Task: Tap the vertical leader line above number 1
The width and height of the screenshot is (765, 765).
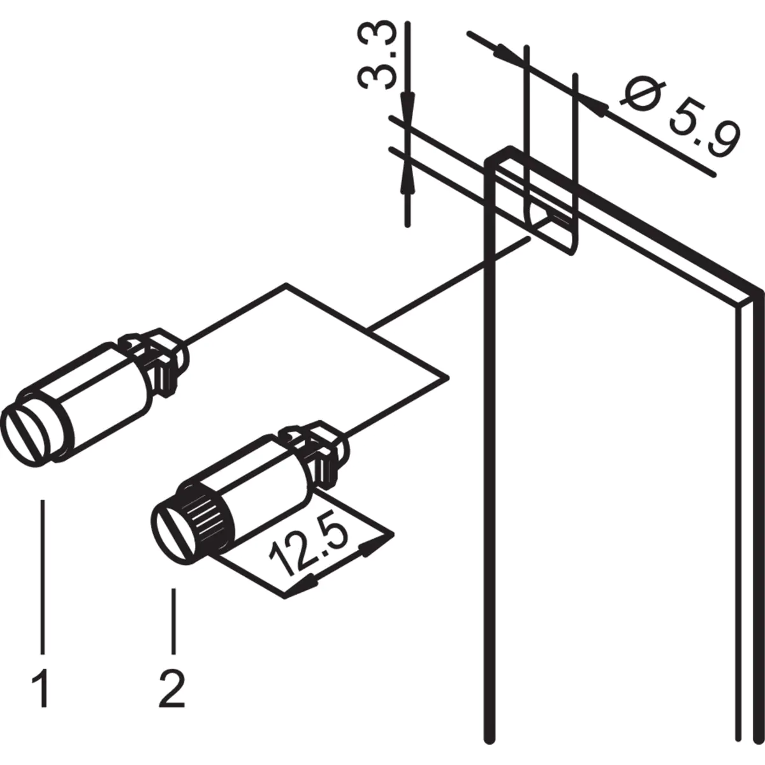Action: (43, 574)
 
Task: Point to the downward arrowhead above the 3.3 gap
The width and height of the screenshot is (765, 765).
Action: (407, 105)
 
